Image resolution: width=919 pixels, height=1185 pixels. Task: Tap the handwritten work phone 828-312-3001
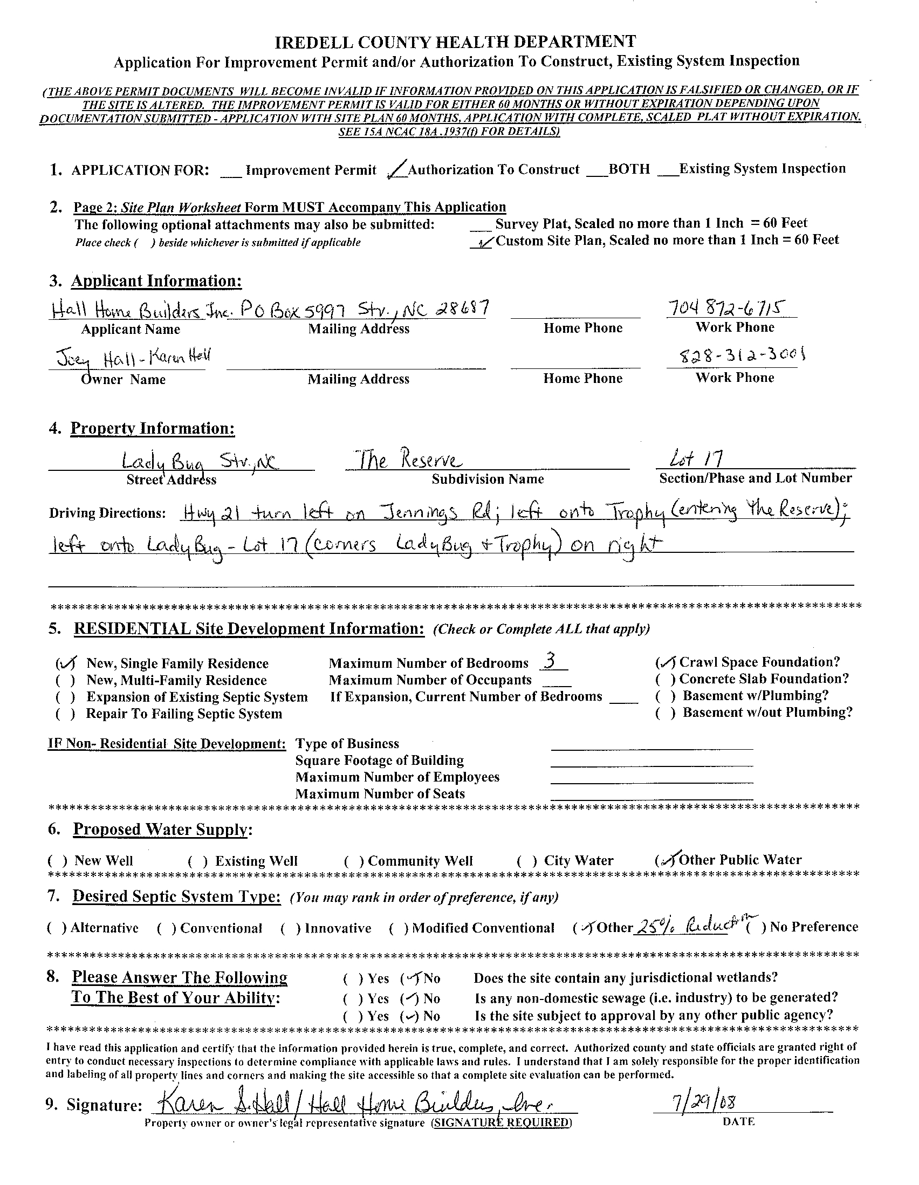pyautogui.click(x=736, y=357)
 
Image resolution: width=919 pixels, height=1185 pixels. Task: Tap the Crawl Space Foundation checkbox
pyautogui.click(x=665, y=662)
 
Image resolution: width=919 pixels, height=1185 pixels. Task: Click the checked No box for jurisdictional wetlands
pyautogui.click(x=410, y=979)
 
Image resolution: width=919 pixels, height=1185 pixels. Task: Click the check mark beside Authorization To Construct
pyautogui.click(x=397, y=170)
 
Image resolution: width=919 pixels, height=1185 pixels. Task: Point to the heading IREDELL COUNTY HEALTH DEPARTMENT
pyautogui.click(x=455, y=42)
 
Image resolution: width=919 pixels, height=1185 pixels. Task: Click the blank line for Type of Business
pyautogui.click(x=651, y=744)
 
